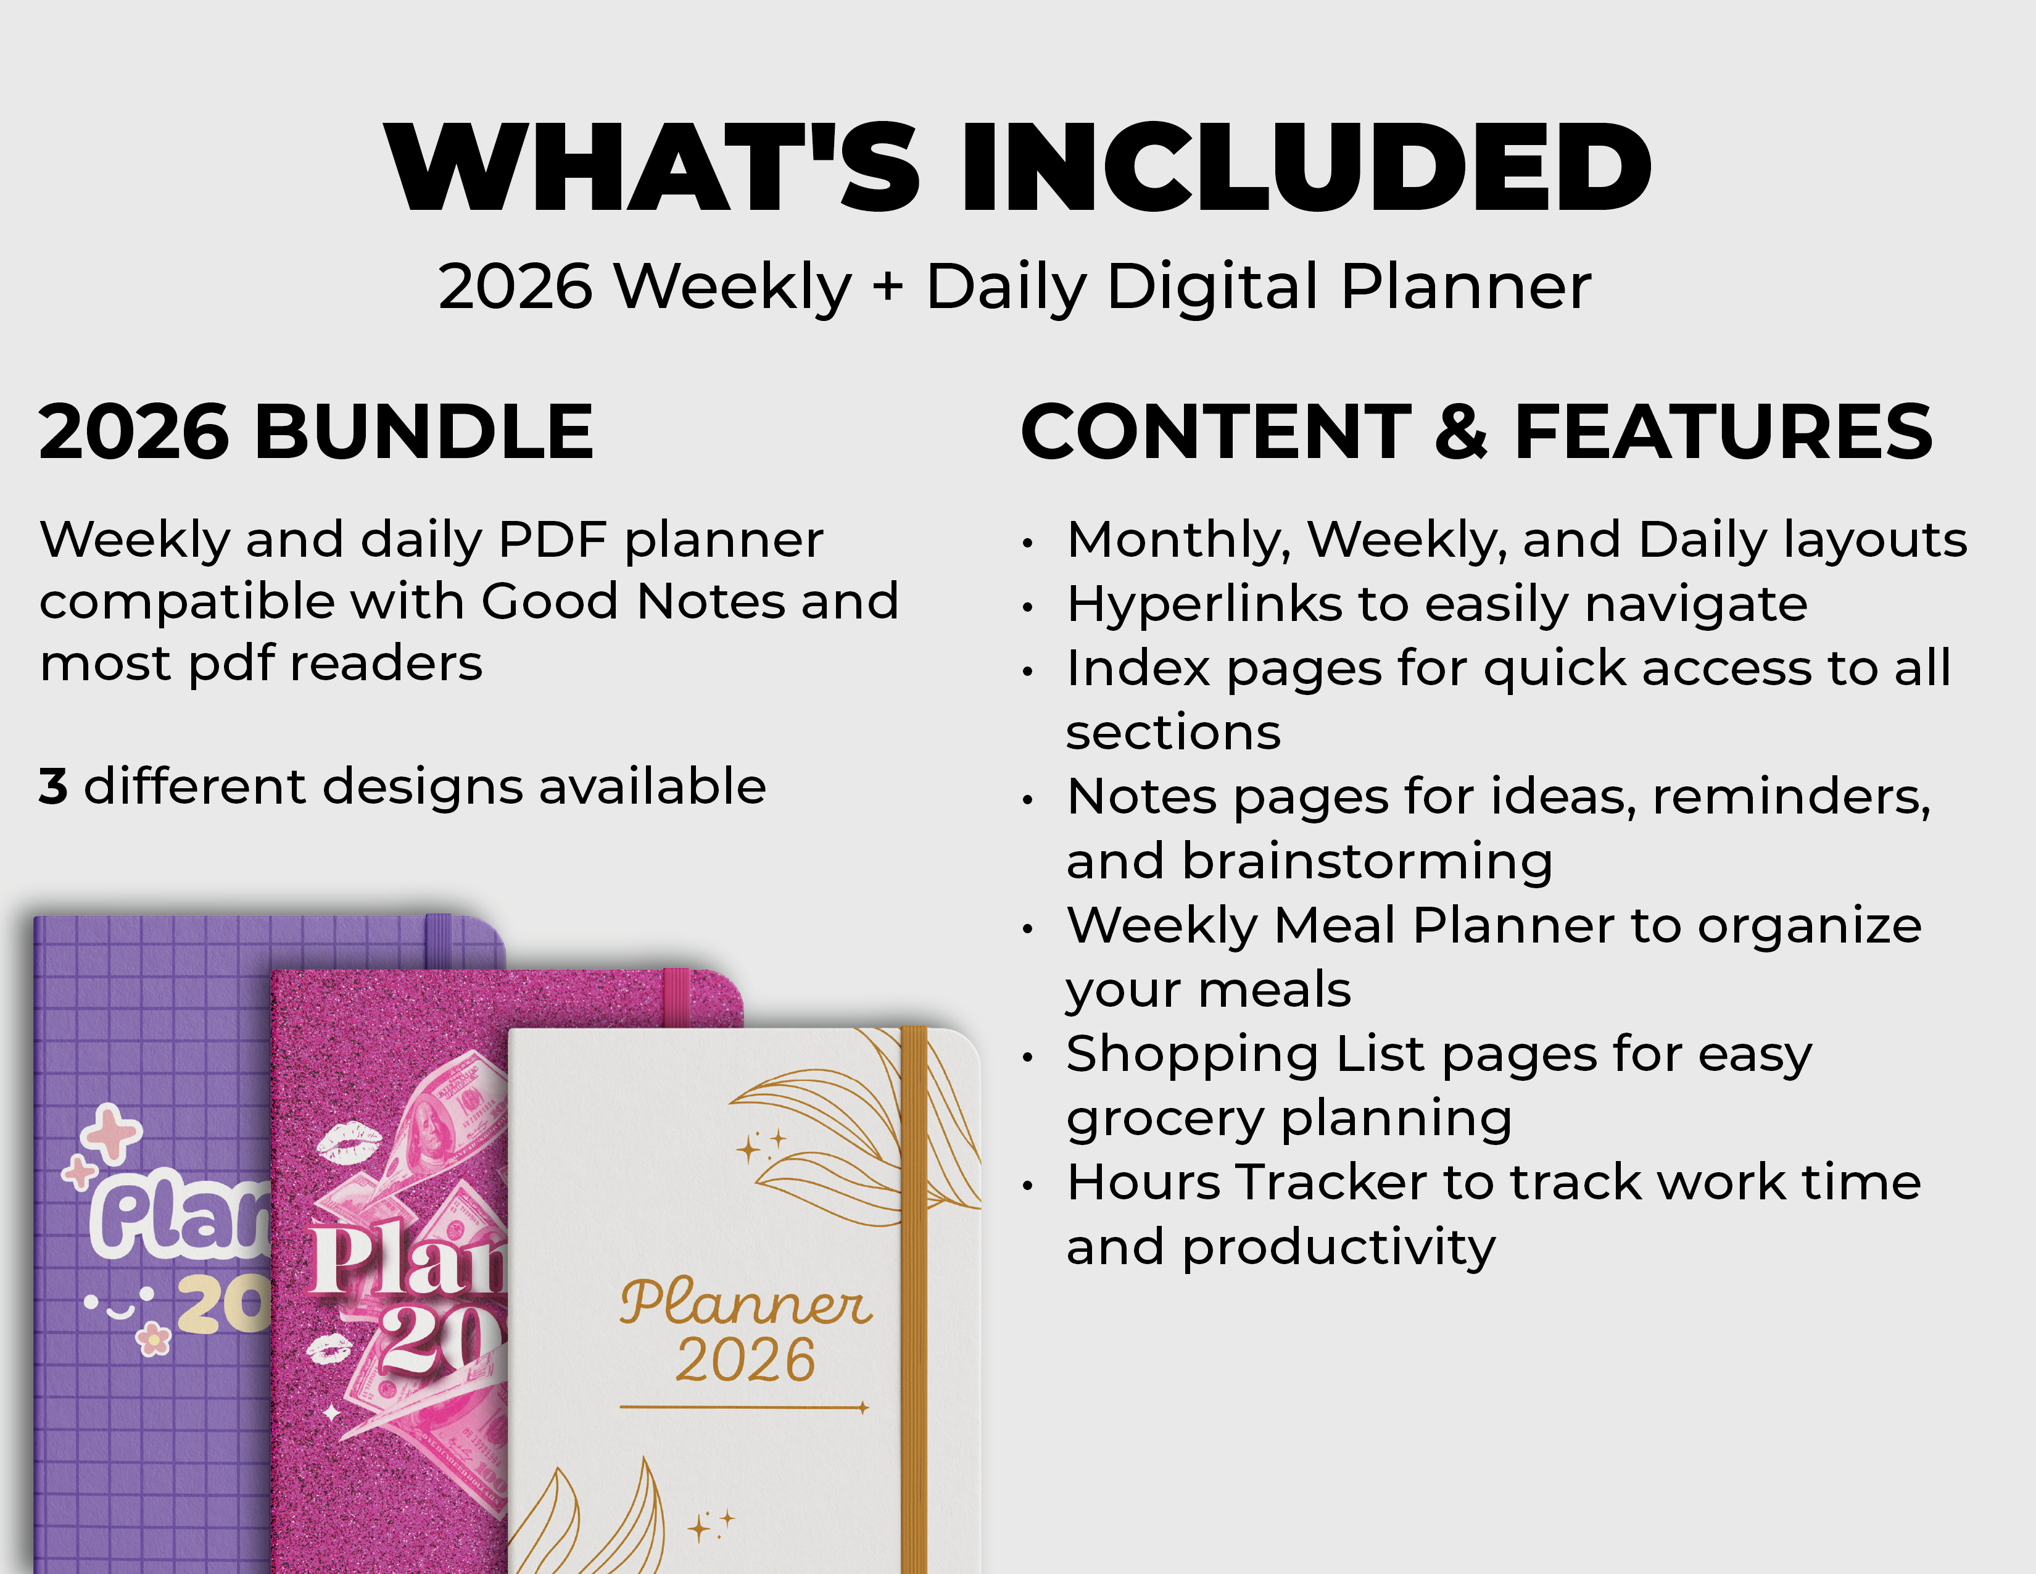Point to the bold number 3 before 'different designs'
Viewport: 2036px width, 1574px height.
pos(53,786)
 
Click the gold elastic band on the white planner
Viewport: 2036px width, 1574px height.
pos(914,1305)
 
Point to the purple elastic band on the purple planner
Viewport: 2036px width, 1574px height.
pos(438,940)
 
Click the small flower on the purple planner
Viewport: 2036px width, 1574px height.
pos(154,1340)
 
